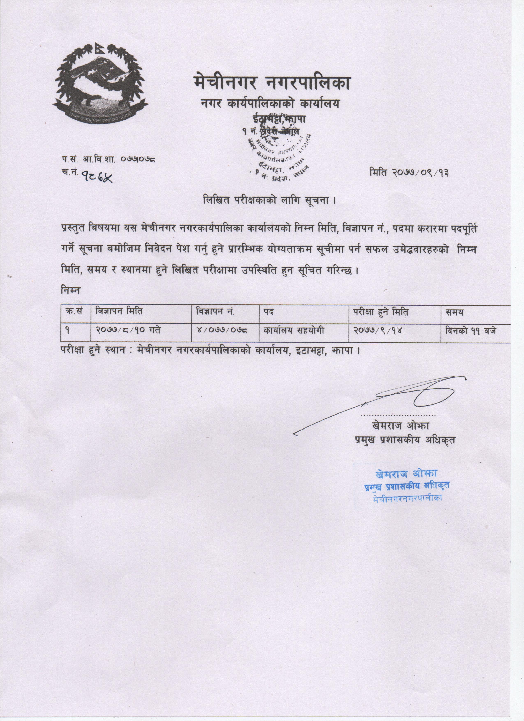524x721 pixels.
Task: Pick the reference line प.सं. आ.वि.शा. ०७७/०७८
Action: tap(110, 159)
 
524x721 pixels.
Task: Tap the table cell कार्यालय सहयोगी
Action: tap(294, 330)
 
